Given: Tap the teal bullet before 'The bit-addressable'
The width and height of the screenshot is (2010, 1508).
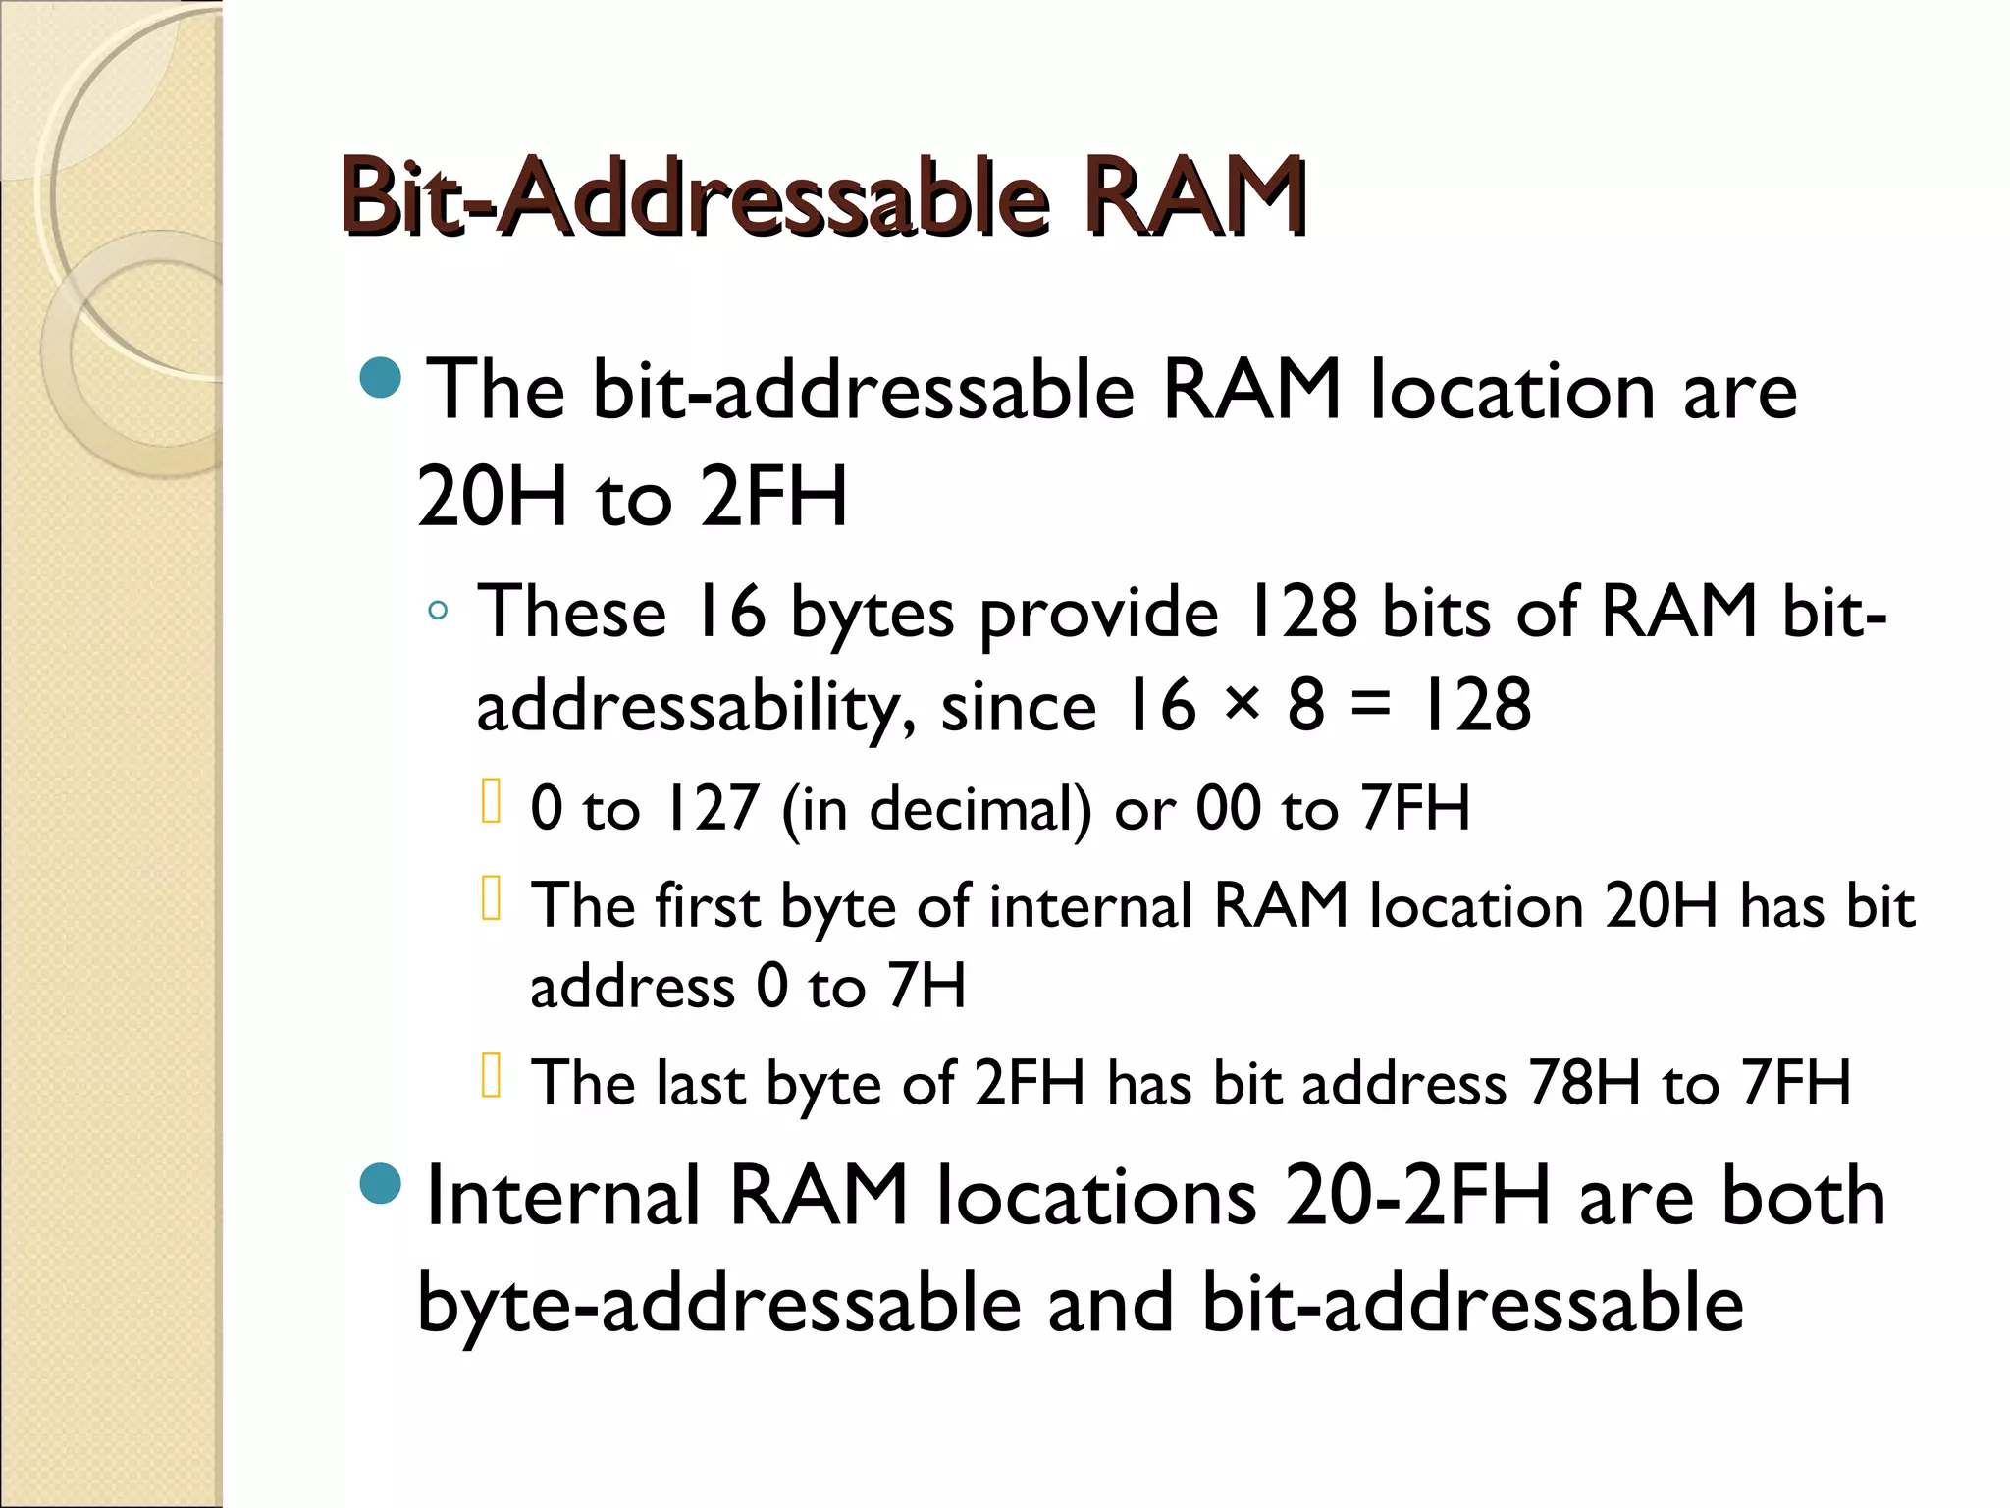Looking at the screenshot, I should (x=381, y=378).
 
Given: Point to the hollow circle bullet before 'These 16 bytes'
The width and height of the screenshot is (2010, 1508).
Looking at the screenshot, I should (x=438, y=612).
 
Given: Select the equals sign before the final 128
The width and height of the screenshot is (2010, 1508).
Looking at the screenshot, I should (x=1370, y=705).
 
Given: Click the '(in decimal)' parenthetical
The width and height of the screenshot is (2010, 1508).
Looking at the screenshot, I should (x=936, y=811).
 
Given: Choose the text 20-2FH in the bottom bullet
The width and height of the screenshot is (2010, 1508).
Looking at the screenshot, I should (x=1417, y=1196).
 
